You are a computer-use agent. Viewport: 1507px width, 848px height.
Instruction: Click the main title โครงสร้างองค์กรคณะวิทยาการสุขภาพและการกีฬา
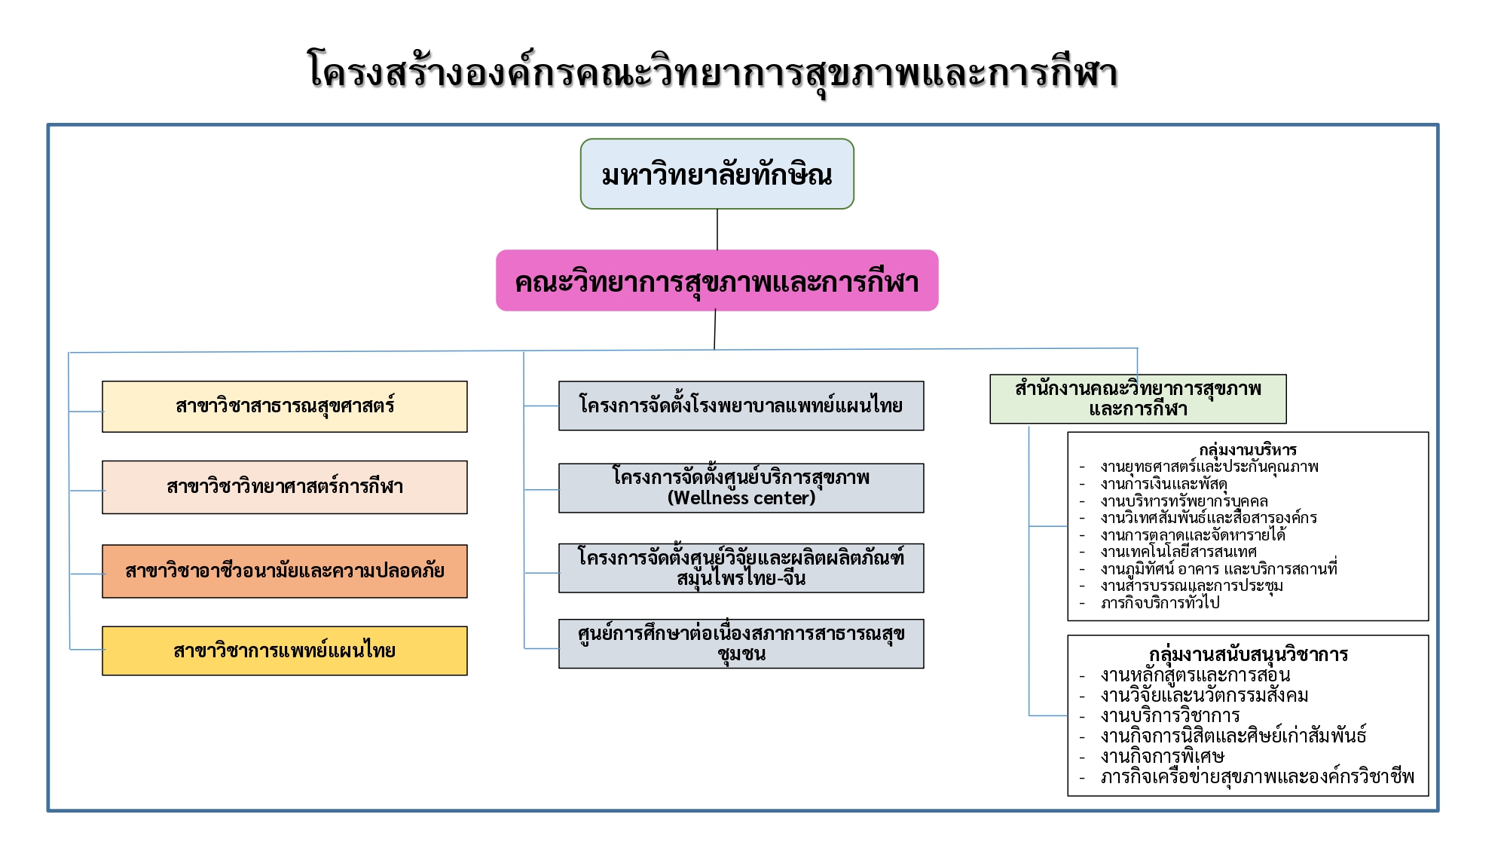tap(712, 73)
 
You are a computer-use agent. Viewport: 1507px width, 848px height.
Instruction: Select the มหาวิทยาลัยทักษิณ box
tap(717, 174)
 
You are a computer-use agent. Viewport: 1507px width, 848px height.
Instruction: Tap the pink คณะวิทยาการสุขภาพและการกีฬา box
tap(717, 280)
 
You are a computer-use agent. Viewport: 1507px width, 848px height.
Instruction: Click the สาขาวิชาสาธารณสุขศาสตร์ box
tap(285, 406)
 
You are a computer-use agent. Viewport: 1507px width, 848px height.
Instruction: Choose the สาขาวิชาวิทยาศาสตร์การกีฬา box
tap(285, 487)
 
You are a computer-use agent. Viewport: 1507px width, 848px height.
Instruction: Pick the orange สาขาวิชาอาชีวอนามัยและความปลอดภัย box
tap(285, 571)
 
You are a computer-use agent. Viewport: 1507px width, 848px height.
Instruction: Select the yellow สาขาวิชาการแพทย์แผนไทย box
tap(285, 651)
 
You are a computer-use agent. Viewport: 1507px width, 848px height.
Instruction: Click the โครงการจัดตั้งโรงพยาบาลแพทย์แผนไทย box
tap(741, 406)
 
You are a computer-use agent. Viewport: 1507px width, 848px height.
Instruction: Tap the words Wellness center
tap(741, 498)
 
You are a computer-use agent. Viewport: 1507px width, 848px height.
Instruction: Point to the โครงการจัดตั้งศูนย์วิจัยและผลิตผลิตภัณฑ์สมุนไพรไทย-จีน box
tap(741, 568)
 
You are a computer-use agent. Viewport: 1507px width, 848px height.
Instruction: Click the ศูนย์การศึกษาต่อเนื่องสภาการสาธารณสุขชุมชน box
tap(741, 644)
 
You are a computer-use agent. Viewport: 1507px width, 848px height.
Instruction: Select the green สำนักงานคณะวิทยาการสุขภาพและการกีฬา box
tap(1138, 399)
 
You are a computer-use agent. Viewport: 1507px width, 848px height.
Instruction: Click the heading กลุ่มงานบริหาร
tap(1248, 450)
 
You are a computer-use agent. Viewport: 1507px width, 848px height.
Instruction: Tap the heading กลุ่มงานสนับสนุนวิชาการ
tap(1249, 654)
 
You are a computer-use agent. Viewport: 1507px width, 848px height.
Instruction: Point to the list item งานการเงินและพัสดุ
tap(1163, 484)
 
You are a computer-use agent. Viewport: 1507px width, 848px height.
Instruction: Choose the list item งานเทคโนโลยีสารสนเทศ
tap(1178, 552)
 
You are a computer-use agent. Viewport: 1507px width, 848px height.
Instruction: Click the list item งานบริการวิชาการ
tap(1170, 715)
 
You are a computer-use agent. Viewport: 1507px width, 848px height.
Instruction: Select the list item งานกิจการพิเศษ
tap(1162, 756)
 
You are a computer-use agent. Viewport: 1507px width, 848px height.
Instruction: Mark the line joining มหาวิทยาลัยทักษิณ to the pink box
tap(717, 229)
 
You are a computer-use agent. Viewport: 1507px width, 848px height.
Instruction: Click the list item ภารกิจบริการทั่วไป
tap(1160, 603)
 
